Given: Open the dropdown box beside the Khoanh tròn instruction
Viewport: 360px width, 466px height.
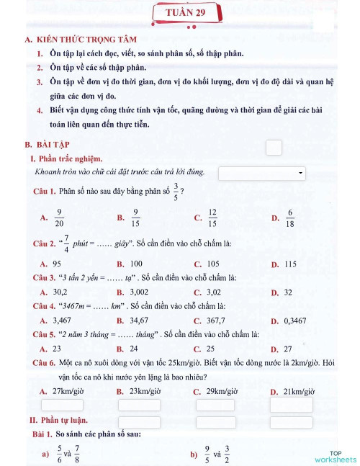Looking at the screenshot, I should (x=261, y=173).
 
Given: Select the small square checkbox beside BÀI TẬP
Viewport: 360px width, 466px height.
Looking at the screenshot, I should (x=273, y=148).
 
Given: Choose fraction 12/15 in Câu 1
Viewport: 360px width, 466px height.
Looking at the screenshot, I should (x=212, y=217).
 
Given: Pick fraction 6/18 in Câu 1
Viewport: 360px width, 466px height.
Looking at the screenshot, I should (x=290, y=217).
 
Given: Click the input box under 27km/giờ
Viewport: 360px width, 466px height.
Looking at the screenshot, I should (x=62, y=405).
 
